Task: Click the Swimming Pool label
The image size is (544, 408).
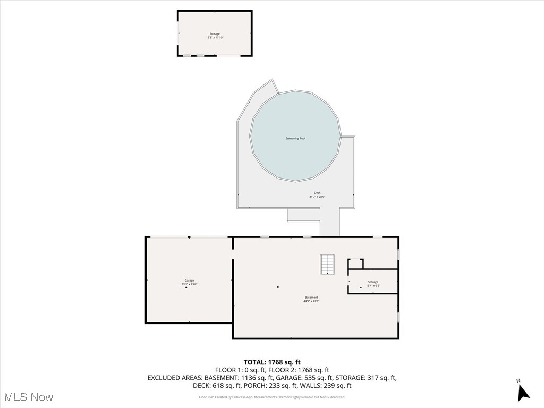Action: pos(295,139)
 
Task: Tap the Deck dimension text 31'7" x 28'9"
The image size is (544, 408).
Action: pos(317,197)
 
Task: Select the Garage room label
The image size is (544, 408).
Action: pos(189,280)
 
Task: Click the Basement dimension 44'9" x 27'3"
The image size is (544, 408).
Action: pos(311,301)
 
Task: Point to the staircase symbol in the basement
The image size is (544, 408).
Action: pos(327,264)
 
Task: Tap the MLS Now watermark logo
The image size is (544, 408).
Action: pos(29,397)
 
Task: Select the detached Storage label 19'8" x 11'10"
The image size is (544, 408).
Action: pos(214,36)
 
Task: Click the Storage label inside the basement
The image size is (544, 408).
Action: pos(373,282)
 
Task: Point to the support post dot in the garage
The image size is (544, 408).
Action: pos(186,287)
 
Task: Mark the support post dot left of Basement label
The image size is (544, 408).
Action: pos(278,287)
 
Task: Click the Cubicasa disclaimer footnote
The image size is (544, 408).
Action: pos(272,397)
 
